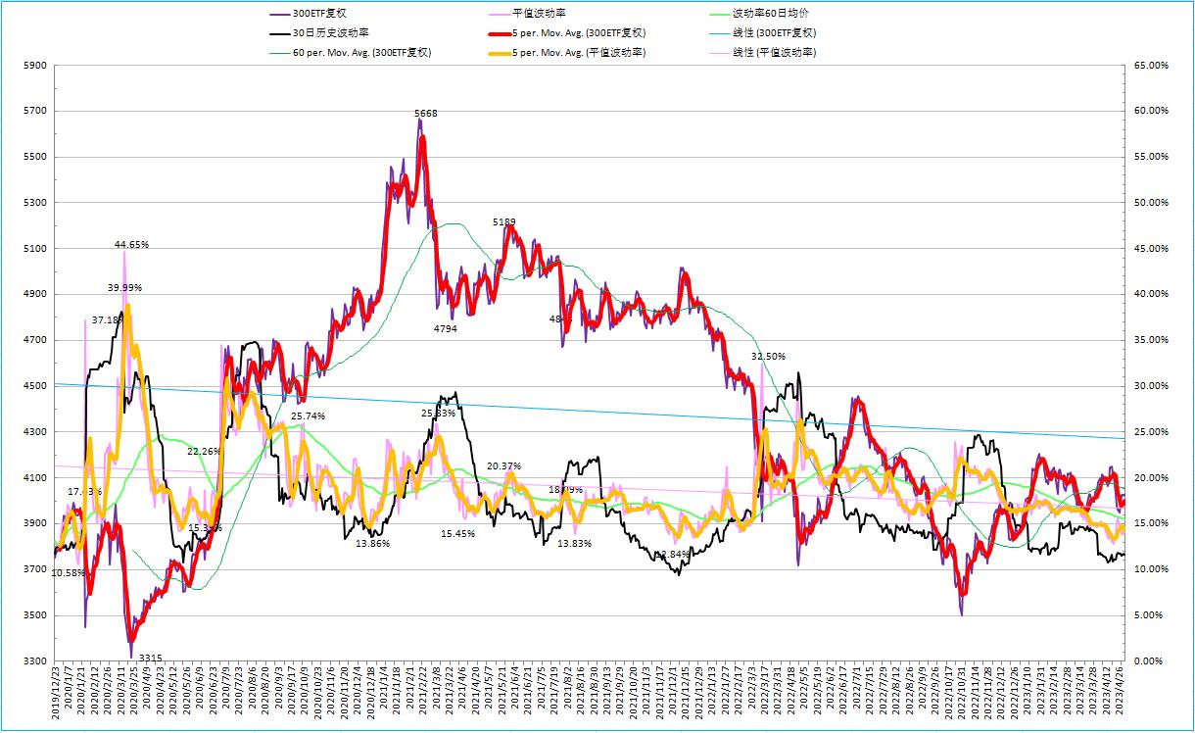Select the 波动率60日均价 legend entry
coord(771,14)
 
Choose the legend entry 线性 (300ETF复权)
coord(774,32)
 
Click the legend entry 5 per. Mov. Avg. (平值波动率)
coord(578,52)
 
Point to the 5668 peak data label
coord(426,114)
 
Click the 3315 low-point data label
coord(151,657)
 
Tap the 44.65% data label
coord(131,244)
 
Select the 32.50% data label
coord(768,357)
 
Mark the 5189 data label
coord(504,222)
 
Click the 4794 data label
coord(446,328)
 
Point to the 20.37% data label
coord(503,465)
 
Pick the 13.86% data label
coord(373,543)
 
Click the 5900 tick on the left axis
coord(35,66)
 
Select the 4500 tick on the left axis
coord(35,386)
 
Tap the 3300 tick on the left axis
coord(35,661)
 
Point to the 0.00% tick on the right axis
coord(1150,661)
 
